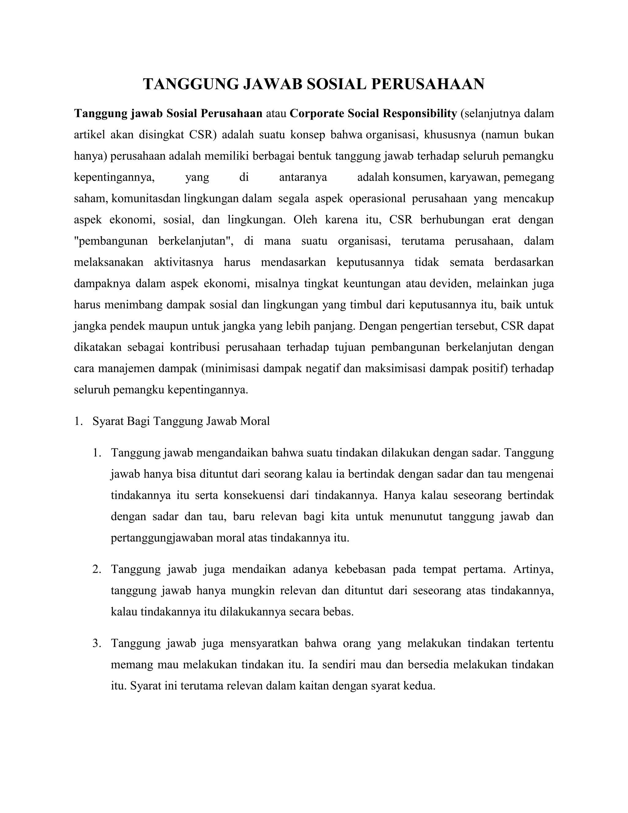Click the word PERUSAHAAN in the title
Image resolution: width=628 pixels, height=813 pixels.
[427, 84]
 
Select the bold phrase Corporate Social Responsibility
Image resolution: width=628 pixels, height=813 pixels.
[373, 114]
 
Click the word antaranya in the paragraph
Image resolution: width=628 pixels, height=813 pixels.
[303, 177]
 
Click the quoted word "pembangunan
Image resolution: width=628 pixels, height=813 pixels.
[111, 241]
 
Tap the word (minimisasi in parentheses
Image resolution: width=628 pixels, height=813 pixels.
[230, 368]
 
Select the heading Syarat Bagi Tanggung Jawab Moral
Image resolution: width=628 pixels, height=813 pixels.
[181, 422]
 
